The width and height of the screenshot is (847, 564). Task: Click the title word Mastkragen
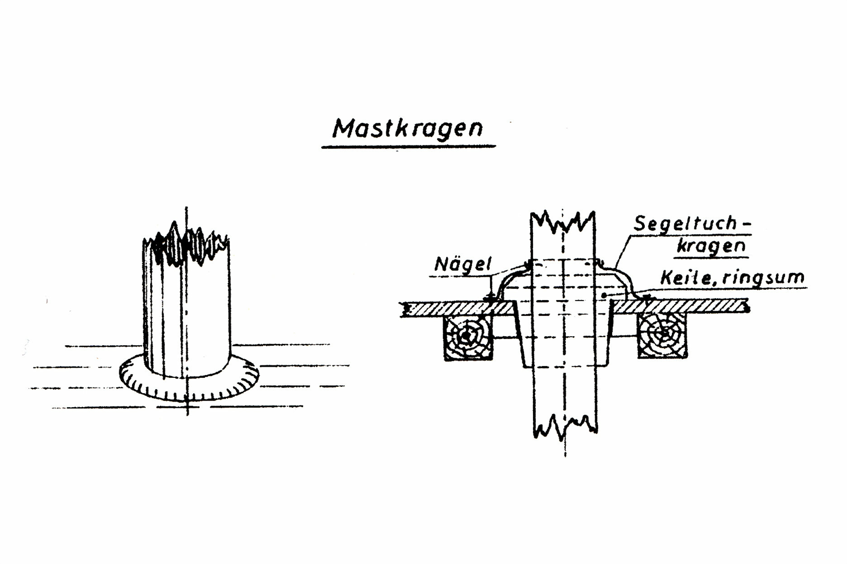point(408,129)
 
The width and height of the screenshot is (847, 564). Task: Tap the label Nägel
point(463,264)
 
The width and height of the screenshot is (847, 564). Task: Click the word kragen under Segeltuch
point(711,246)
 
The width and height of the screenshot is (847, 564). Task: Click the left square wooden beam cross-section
point(467,337)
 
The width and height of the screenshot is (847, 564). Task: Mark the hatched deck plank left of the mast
point(457,308)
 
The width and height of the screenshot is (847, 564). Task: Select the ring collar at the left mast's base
point(189,386)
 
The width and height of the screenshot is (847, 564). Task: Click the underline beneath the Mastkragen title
point(408,147)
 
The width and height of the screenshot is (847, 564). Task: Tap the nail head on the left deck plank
point(490,296)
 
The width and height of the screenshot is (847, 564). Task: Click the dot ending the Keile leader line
point(605,295)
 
